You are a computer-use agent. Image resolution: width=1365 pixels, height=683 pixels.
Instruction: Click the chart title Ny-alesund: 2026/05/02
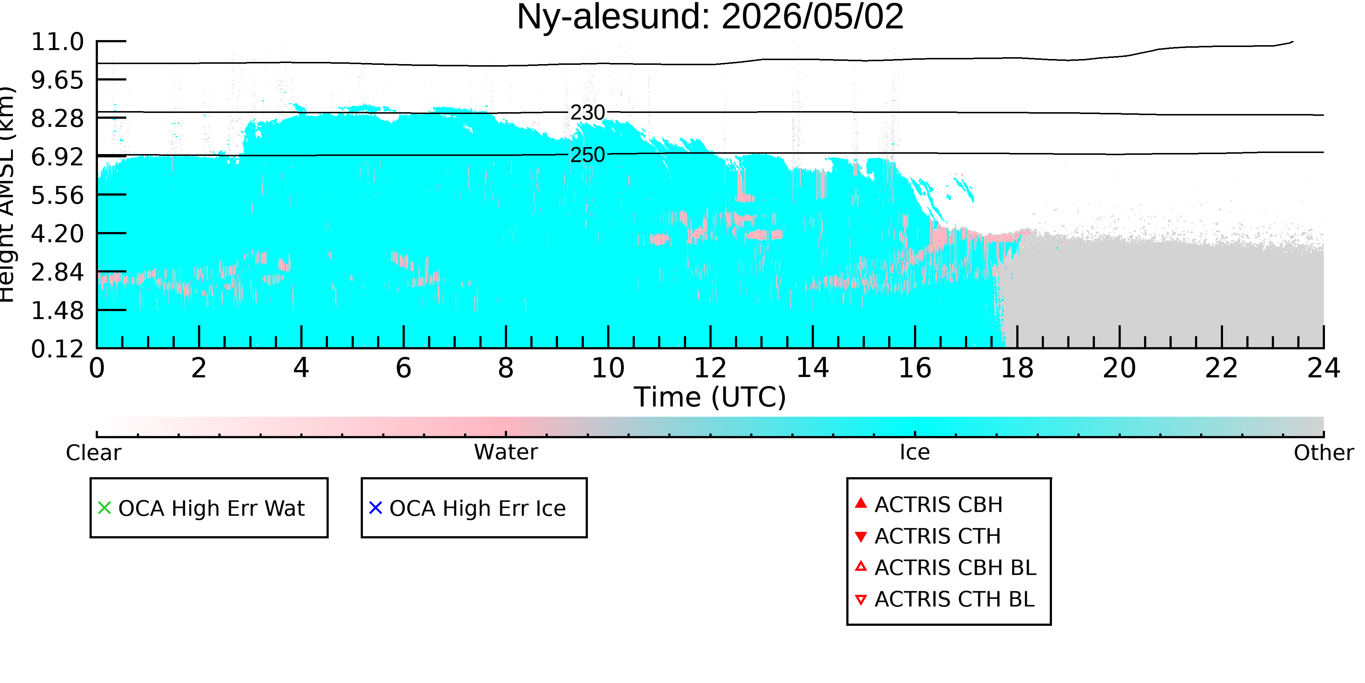tap(710, 17)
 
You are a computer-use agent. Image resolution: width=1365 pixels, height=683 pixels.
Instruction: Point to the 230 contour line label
tap(587, 113)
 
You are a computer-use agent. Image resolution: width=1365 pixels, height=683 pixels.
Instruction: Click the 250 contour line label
tap(587, 155)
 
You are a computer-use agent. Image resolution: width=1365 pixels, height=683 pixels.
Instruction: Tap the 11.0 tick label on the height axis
tap(57, 42)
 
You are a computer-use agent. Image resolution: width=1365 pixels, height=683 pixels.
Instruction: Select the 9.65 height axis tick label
tap(57, 80)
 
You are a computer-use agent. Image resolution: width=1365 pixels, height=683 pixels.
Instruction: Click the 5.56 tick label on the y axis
tap(57, 195)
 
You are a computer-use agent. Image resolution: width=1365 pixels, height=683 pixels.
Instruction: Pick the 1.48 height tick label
tap(57, 310)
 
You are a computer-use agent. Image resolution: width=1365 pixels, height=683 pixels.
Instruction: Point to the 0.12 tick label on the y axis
tap(57, 349)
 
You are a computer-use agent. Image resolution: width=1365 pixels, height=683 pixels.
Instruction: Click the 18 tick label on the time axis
tap(1017, 368)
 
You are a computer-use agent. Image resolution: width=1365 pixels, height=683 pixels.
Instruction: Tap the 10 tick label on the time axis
tap(608, 368)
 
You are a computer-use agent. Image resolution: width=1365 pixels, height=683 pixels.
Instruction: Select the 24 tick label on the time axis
tap(1324, 368)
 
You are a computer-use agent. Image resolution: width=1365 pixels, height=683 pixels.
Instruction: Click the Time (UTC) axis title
tap(710, 397)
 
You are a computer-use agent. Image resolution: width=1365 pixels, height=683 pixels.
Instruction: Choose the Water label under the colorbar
tap(506, 452)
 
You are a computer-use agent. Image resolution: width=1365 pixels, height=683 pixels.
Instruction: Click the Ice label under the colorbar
tap(915, 452)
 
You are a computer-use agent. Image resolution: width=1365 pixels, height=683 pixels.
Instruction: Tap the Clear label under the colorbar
tap(93, 453)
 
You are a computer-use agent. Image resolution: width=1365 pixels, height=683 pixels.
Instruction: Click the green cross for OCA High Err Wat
tap(104, 508)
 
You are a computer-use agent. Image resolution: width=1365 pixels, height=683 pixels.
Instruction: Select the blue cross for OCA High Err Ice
tap(376, 508)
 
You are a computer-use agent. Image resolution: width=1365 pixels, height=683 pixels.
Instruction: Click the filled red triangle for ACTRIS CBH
tap(861, 503)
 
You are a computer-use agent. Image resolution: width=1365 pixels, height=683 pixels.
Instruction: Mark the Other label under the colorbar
tap(1324, 453)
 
